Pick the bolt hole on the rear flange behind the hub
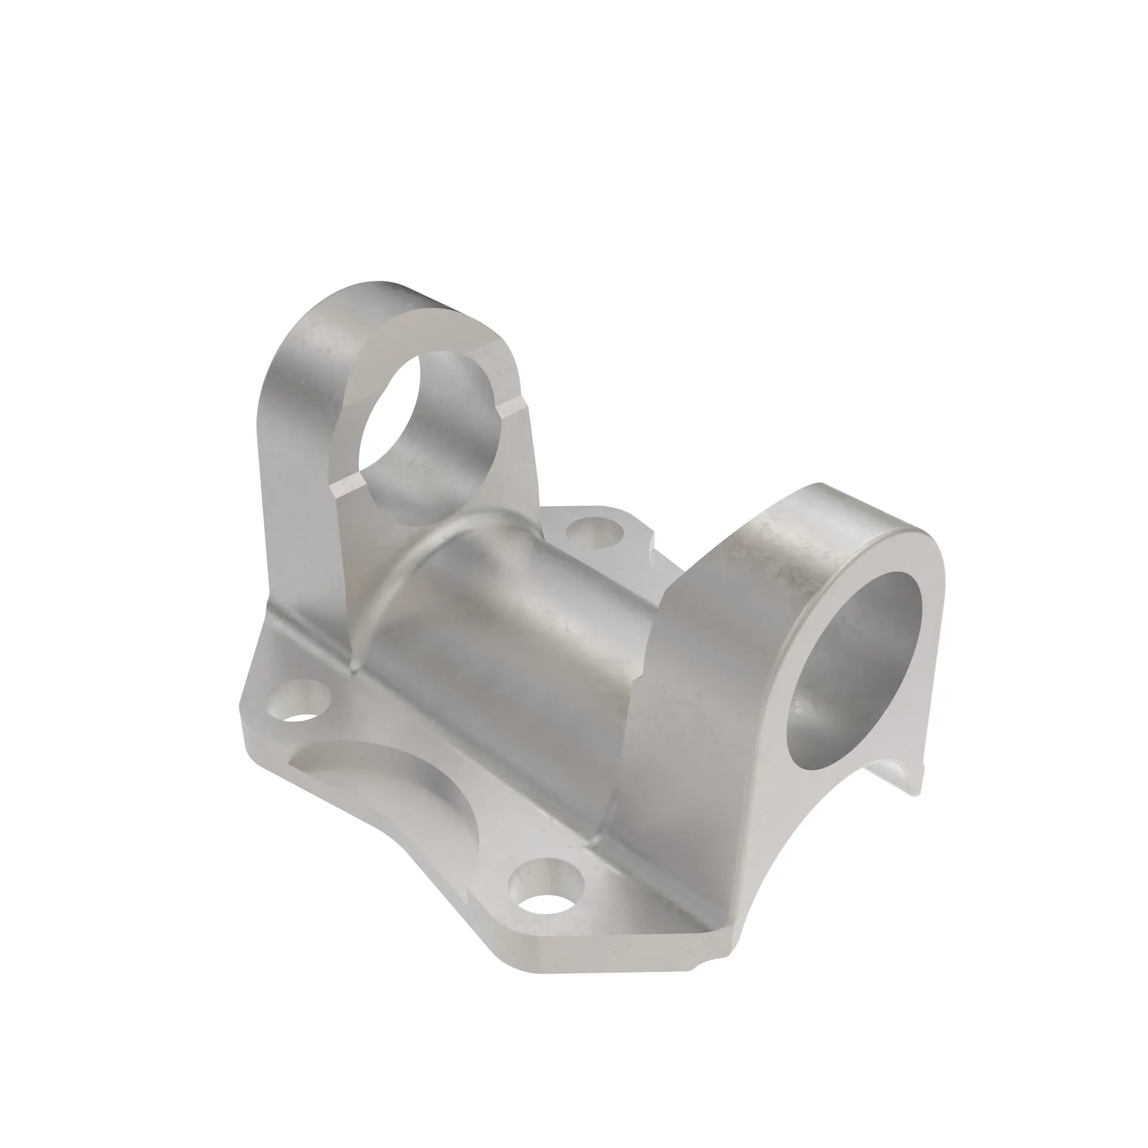coord(594,533)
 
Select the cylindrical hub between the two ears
coord(523,642)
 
